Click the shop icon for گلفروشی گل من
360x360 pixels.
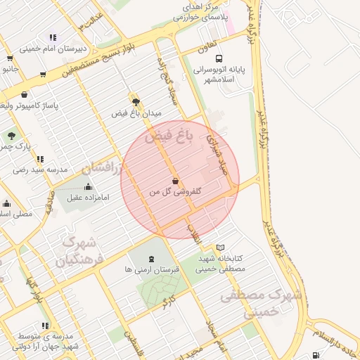(x=175, y=181)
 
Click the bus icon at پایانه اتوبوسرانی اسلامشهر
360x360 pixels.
(x=219, y=59)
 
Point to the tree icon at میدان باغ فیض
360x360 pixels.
(x=136, y=101)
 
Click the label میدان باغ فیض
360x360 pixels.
(x=137, y=112)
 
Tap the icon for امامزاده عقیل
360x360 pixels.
(x=88, y=186)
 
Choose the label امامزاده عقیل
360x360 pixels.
(x=88, y=198)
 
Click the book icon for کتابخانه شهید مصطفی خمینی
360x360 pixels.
(x=221, y=247)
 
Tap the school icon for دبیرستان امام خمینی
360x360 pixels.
(x=52, y=37)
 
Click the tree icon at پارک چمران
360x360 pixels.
(x=11, y=135)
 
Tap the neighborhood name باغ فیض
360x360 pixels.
(x=169, y=137)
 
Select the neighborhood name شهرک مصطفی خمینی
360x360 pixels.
(x=260, y=304)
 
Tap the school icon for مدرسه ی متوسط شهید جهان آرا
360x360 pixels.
(x=46, y=326)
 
